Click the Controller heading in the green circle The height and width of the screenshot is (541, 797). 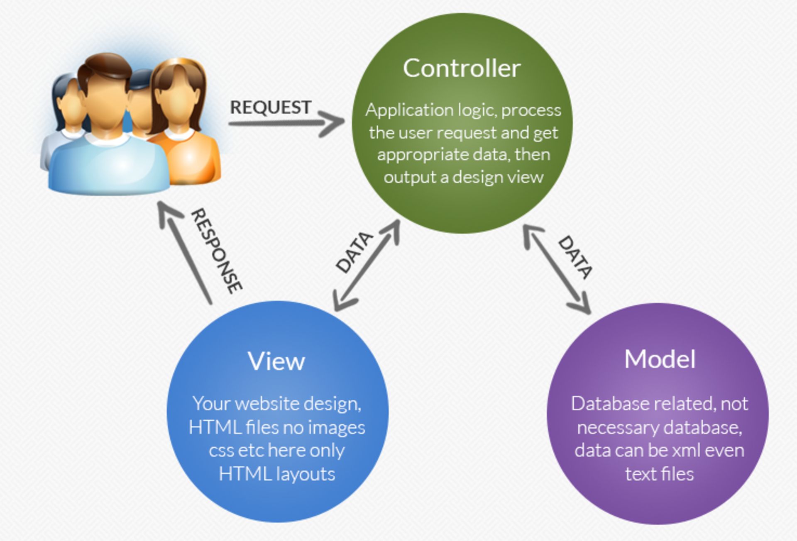[x=461, y=68]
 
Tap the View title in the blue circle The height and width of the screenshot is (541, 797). [x=276, y=361]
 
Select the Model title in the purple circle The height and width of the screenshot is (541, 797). [x=660, y=359]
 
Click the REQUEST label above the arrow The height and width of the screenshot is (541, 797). [x=271, y=107]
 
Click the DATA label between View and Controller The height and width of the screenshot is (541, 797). [x=354, y=252]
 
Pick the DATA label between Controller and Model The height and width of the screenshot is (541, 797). [x=575, y=257]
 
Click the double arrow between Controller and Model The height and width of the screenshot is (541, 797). [x=556, y=270]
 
